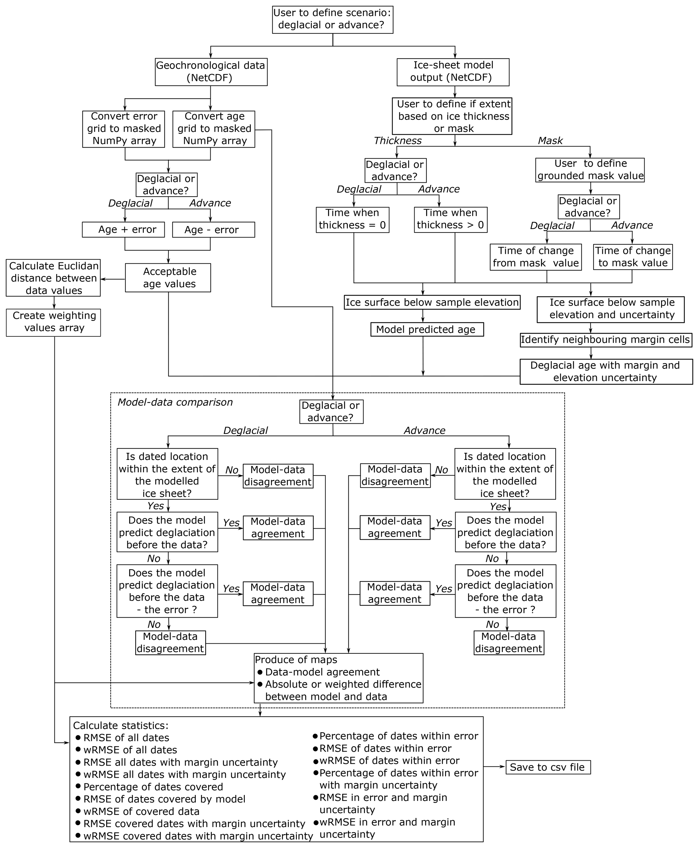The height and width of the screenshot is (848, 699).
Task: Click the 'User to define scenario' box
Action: [x=332, y=19]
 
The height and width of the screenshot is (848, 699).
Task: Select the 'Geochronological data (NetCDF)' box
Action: [x=211, y=72]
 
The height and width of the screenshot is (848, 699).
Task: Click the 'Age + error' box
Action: [x=123, y=230]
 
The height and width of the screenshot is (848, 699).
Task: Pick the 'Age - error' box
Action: [x=213, y=230]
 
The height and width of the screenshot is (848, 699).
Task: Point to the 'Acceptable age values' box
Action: [x=168, y=277]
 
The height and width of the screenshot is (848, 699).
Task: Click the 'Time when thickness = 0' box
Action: [x=352, y=220]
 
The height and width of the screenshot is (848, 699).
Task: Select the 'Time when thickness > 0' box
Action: [x=450, y=220]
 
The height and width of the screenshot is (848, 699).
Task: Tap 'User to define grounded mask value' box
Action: [x=590, y=170]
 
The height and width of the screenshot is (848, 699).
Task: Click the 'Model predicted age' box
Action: [x=427, y=330]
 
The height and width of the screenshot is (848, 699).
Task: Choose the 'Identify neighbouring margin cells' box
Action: [x=606, y=340]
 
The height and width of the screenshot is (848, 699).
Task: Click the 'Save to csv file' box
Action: [x=548, y=767]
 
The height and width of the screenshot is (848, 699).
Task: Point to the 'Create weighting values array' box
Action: [x=53, y=322]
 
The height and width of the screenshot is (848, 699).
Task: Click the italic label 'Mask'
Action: [x=550, y=140]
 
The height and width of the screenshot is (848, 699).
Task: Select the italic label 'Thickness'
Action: [x=397, y=140]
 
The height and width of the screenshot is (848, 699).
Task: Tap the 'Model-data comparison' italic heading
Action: [x=175, y=402]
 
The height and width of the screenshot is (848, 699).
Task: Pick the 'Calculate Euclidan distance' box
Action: [x=53, y=278]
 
